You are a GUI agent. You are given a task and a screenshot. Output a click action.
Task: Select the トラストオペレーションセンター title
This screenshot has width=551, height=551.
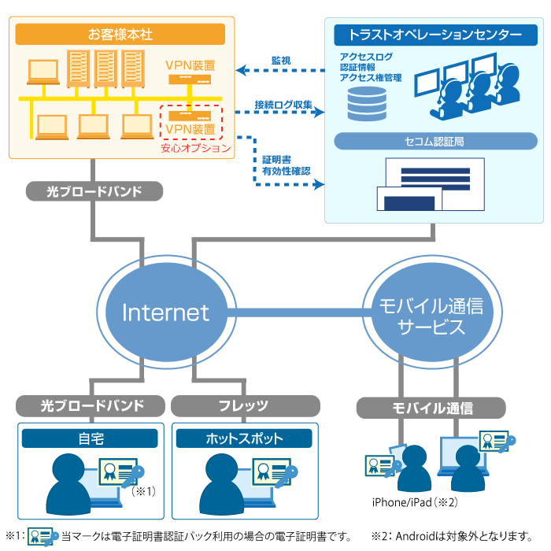(435, 35)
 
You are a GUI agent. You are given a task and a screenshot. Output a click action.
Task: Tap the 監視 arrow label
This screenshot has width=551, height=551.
(281, 60)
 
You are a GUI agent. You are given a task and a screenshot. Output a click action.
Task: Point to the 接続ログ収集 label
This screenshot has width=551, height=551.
(283, 104)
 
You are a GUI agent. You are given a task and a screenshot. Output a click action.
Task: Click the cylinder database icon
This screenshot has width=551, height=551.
(367, 103)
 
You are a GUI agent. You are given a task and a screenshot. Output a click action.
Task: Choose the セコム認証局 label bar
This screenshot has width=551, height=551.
(435, 142)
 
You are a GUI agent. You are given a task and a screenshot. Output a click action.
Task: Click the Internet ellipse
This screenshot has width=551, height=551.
(166, 312)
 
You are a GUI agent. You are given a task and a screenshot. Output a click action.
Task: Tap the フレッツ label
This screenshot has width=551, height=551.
(244, 406)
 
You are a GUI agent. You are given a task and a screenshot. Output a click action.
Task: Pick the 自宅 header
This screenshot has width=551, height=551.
(91, 438)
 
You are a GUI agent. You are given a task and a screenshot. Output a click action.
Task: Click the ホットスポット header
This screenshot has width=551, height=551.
(244, 438)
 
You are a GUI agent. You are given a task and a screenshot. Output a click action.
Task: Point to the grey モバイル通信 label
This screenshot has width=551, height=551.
(431, 408)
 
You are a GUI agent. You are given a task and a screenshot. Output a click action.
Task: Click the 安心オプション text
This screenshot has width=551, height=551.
(195, 148)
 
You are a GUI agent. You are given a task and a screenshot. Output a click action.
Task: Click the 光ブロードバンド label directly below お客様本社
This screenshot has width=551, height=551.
(94, 190)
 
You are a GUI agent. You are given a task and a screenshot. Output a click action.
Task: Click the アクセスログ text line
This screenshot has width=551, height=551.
(366, 57)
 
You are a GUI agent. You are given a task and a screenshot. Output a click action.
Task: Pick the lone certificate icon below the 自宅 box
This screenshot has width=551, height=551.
(41, 537)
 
